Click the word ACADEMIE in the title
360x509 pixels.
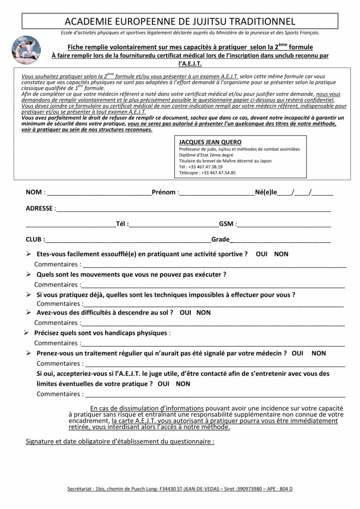coord(88,22)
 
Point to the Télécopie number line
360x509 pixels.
coord(207,172)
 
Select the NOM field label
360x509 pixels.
coord(34,192)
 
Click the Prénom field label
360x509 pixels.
coord(164,192)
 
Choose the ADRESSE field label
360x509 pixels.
coord(39,208)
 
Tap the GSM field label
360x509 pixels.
coord(226,224)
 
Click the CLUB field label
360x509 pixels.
coord(34,240)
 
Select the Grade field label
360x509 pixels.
coord(220,240)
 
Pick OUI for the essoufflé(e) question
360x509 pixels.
coord(262,254)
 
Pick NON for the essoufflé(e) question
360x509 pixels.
coord(281,254)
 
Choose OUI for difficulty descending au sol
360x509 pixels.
coord(185,312)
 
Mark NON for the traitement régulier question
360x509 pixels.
coord(319,353)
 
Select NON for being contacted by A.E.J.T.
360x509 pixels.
coord(183,383)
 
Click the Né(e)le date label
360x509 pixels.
coord(266,192)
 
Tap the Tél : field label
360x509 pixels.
coord(122,224)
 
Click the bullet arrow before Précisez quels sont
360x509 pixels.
coord(27,333)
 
